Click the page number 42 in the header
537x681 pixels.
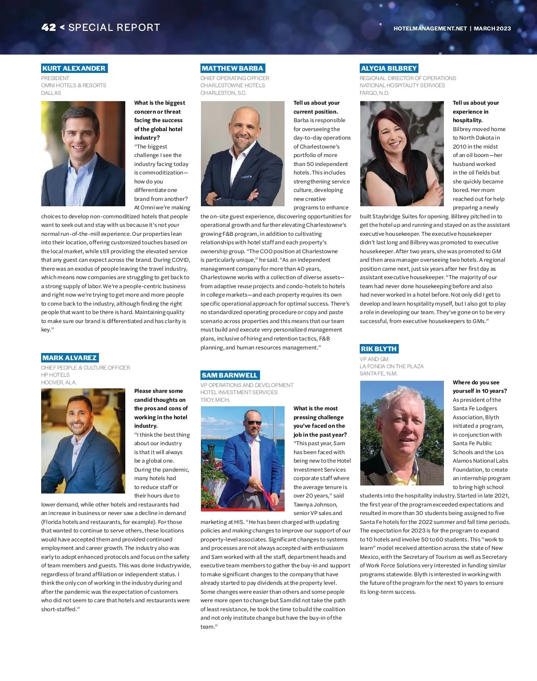(49, 27)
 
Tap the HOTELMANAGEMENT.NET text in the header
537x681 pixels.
(430, 28)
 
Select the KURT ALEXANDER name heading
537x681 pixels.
(74, 68)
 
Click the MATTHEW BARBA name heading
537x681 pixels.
(232, 68)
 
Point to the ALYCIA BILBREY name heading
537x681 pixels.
(389, 68)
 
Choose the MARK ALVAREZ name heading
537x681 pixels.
(70, 358)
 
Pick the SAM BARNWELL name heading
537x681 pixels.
(230, 375)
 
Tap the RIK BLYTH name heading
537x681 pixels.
(379, 349)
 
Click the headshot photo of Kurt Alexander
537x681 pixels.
(83, 153)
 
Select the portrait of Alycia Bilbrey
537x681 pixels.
(402, 153)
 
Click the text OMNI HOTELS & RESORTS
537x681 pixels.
(74, 85)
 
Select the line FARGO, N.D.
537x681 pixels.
(375, 93)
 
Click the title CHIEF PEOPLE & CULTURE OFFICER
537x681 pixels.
(85, 368)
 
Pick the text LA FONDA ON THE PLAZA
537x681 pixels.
(392, 366)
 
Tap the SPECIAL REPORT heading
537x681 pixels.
(114, 27)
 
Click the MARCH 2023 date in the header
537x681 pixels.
(492, 28)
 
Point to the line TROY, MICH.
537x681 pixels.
(215, 400)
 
